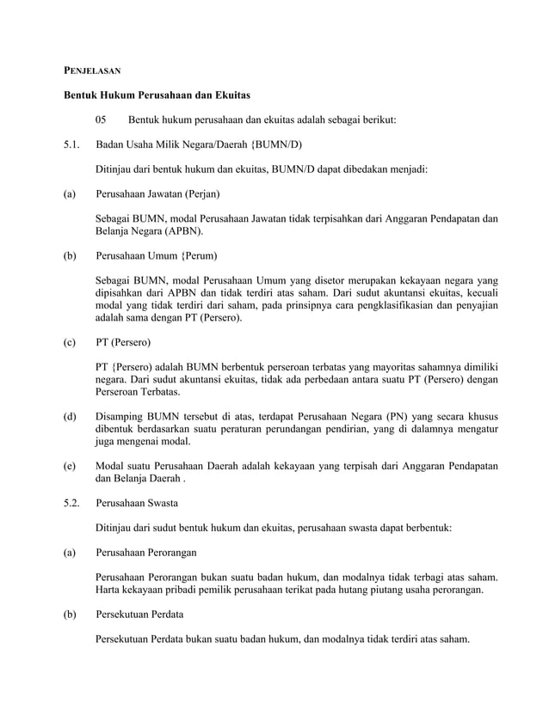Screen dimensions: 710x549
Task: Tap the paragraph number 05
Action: click(x=102, y=119)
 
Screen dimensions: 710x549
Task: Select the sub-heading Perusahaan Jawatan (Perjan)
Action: click(x=157, y=194)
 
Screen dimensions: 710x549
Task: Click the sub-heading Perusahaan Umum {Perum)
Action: click(x=157, y=256)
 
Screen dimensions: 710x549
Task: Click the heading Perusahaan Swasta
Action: click(x=137, y=501)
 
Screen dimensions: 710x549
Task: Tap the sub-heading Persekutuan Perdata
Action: click(x=139, y=615)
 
